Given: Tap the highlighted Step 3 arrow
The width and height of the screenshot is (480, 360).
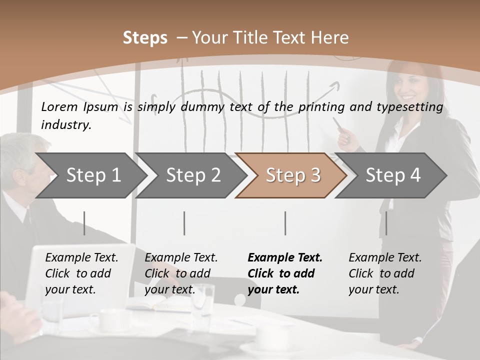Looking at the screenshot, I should coord(292,175).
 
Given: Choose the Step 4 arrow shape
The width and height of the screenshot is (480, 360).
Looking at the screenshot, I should coord(392,175).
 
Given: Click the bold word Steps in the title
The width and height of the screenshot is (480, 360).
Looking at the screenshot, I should coord(145,38).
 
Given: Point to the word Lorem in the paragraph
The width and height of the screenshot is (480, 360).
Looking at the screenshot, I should coord(59,106).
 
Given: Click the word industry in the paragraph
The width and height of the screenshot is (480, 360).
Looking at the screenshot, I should coord(66,125).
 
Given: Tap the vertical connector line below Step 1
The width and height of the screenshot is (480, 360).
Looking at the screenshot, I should coord(84,223).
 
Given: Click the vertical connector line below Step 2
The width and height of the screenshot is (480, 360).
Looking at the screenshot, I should coord(184,223).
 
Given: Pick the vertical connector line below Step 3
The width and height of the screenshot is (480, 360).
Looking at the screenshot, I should coord(285,223).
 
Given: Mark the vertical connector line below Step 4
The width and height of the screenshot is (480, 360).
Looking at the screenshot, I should coord(386,223).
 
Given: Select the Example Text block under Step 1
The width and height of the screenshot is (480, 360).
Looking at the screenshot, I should coord(81,273).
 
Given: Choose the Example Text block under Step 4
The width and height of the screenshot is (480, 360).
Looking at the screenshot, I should coord(385,273).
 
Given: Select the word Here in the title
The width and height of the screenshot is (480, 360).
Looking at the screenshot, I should coord(329,38).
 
